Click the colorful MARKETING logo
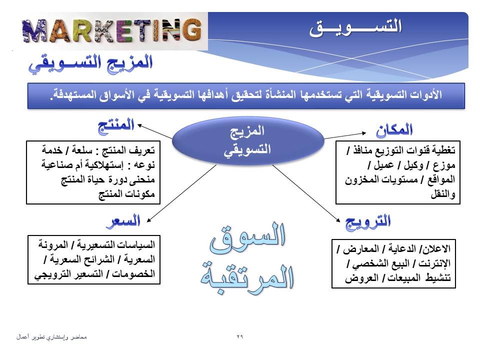pyautogui.click(x=112, y=30)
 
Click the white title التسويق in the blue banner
pyautogui.click(x=355, y=27)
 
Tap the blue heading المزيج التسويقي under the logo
pyautogui.click(x=90, y=63)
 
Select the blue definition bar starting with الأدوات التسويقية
pyautogui.click(x=246, y=96)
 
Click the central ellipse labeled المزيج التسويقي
pyautogui.click(x=248, y=141)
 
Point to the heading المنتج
pyautogui.click(x=116, y=126)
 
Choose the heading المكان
pyautogui.click(x=394, y=130)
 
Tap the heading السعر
pyautogui.click(x=123, y=221)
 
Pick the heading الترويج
pyautogui.click(x=368, y=222)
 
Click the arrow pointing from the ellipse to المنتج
pyautogui.click(x=155, y=131)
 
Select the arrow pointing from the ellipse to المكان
pyautogui.click(x=345, y=135)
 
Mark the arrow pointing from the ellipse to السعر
pyautogui.click(x=181, y=193)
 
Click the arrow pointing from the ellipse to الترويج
pyautogui.click(x=306, y=193)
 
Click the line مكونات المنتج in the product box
pyautogui.click(x=126, y=194)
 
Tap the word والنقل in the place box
pyautogui.click(x=443, y=194)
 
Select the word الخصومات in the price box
pyautogui.click(x=133, y=273)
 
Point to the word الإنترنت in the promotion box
pyautogui.click(x=434, y=263)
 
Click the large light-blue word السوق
pyautogui.click(x=248, y=237)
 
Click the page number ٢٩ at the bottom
pyautogui.click(x=239, y=336)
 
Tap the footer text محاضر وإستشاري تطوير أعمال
pyautogui.click(x=51, y=337)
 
